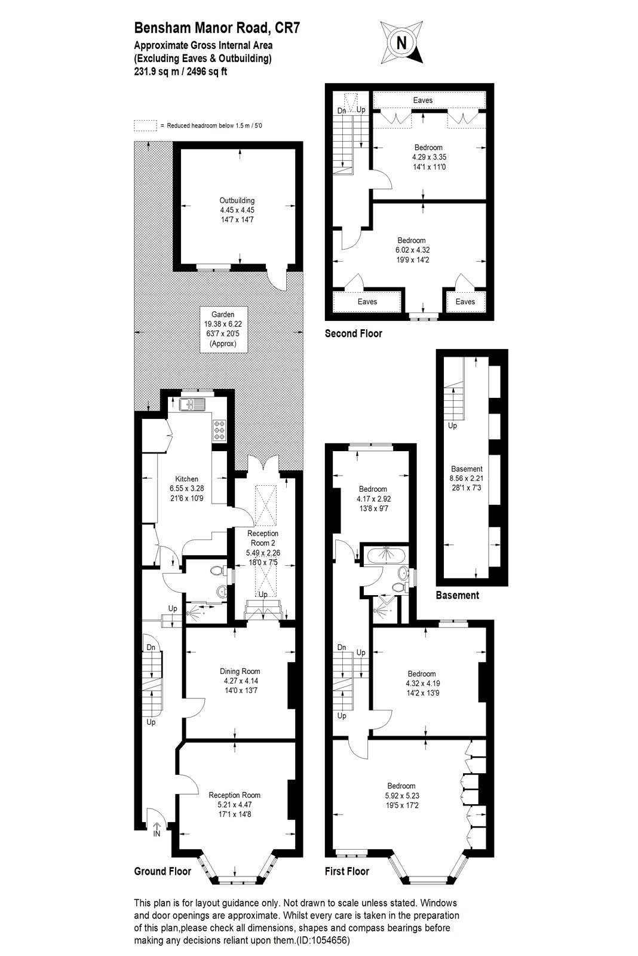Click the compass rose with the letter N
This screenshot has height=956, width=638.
pyautogui.click(x=401, y=42)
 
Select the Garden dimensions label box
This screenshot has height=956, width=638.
pyautogui.click(x=223, y=329)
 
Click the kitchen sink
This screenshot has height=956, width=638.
pyautogui.click(x=192, y=404)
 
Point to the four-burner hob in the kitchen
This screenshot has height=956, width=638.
pyautogui.click(x=219, y=430)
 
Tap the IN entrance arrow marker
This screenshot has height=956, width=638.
pyautogui.click(x=156, y=828)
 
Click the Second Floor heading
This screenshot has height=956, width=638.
pyautogui.click(x=354, y=333)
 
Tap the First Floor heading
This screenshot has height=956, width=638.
pyautogui.click(x=346, y=871)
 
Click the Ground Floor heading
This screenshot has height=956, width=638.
pyautogui.click(x=162, y=871)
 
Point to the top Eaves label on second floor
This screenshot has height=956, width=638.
pyautogui.click(x=423, y=100)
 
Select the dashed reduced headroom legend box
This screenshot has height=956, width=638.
pyautogui.click(x=145, y=125)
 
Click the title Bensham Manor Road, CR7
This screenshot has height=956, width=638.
pyautogui.click(x=217, y=27)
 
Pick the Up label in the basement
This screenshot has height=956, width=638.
pyautogui.click(x=452, y=425)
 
